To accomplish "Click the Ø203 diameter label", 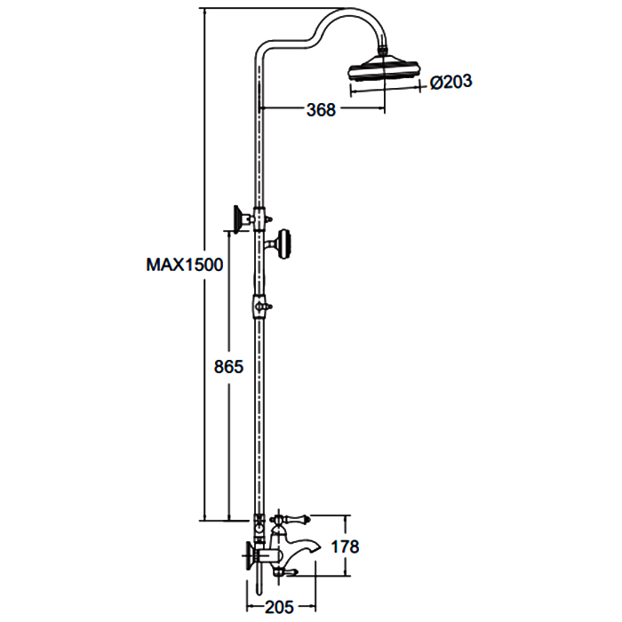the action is [451, 82].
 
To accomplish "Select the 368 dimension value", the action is [321, 109].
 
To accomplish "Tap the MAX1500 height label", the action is [185, 265].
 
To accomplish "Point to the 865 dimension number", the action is [228, 366].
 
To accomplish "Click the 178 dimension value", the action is [345, 546].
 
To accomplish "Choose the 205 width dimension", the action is [279, 607].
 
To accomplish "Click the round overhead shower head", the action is [383, 68].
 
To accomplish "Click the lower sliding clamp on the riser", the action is [259, 307].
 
